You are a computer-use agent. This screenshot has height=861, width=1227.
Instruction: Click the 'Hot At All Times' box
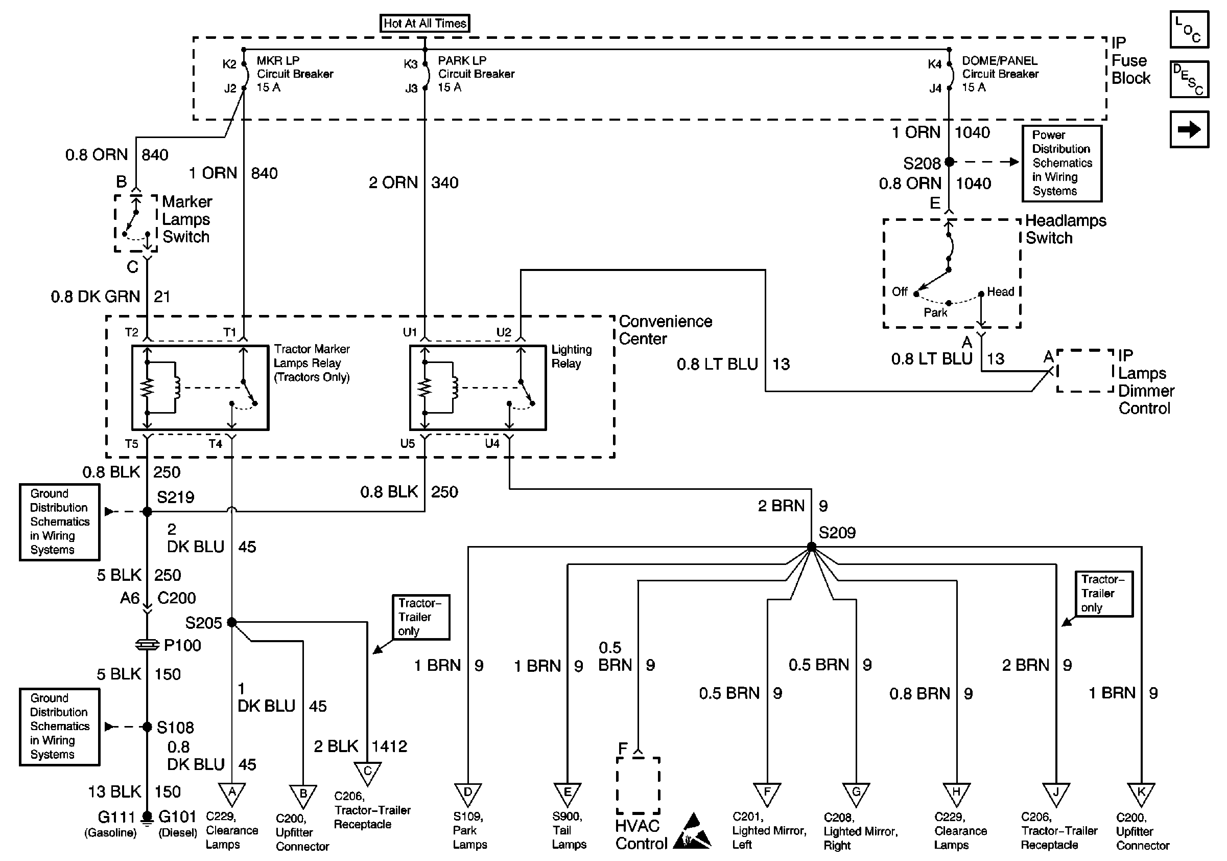click(x=424, y=24)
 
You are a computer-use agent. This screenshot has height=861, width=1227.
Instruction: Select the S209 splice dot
click(x=811, y=547)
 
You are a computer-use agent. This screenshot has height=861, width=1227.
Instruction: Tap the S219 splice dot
click(x=147, y=512)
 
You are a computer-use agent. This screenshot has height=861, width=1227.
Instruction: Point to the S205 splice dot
click(x=231, y=622)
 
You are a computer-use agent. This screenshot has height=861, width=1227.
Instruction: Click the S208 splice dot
click(x=949, y=162)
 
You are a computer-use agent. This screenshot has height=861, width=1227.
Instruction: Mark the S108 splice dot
click(x=147, y=727)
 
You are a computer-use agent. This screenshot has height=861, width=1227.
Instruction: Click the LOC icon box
click(x=1189, y=30)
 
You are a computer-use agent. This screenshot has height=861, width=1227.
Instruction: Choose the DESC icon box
click(x=1189, y=79)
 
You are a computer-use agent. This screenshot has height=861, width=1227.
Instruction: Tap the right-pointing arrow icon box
click(x=1189, y=129)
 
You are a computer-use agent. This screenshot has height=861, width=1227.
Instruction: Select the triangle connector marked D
click(x=467, y=794)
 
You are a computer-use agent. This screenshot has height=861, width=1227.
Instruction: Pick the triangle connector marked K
click(x=1141, y=794)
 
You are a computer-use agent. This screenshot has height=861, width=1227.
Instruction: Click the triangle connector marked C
click(x=367, y=773)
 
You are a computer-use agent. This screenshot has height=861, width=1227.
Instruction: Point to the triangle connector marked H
click(x=956, y=794)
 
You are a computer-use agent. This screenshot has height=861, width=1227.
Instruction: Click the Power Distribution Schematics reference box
click(x=1062, y=163)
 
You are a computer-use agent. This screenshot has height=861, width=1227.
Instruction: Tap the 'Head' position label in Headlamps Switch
click(x=1000, y=292)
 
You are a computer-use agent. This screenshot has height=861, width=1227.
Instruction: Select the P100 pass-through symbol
click(x=147, y=645)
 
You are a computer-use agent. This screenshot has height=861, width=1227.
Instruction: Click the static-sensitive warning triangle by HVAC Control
click(x=693, y=832)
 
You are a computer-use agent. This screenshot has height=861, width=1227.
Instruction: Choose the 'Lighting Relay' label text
click(x=571, y=357)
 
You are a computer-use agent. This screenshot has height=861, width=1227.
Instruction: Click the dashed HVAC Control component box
click(x=638, y=785)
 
